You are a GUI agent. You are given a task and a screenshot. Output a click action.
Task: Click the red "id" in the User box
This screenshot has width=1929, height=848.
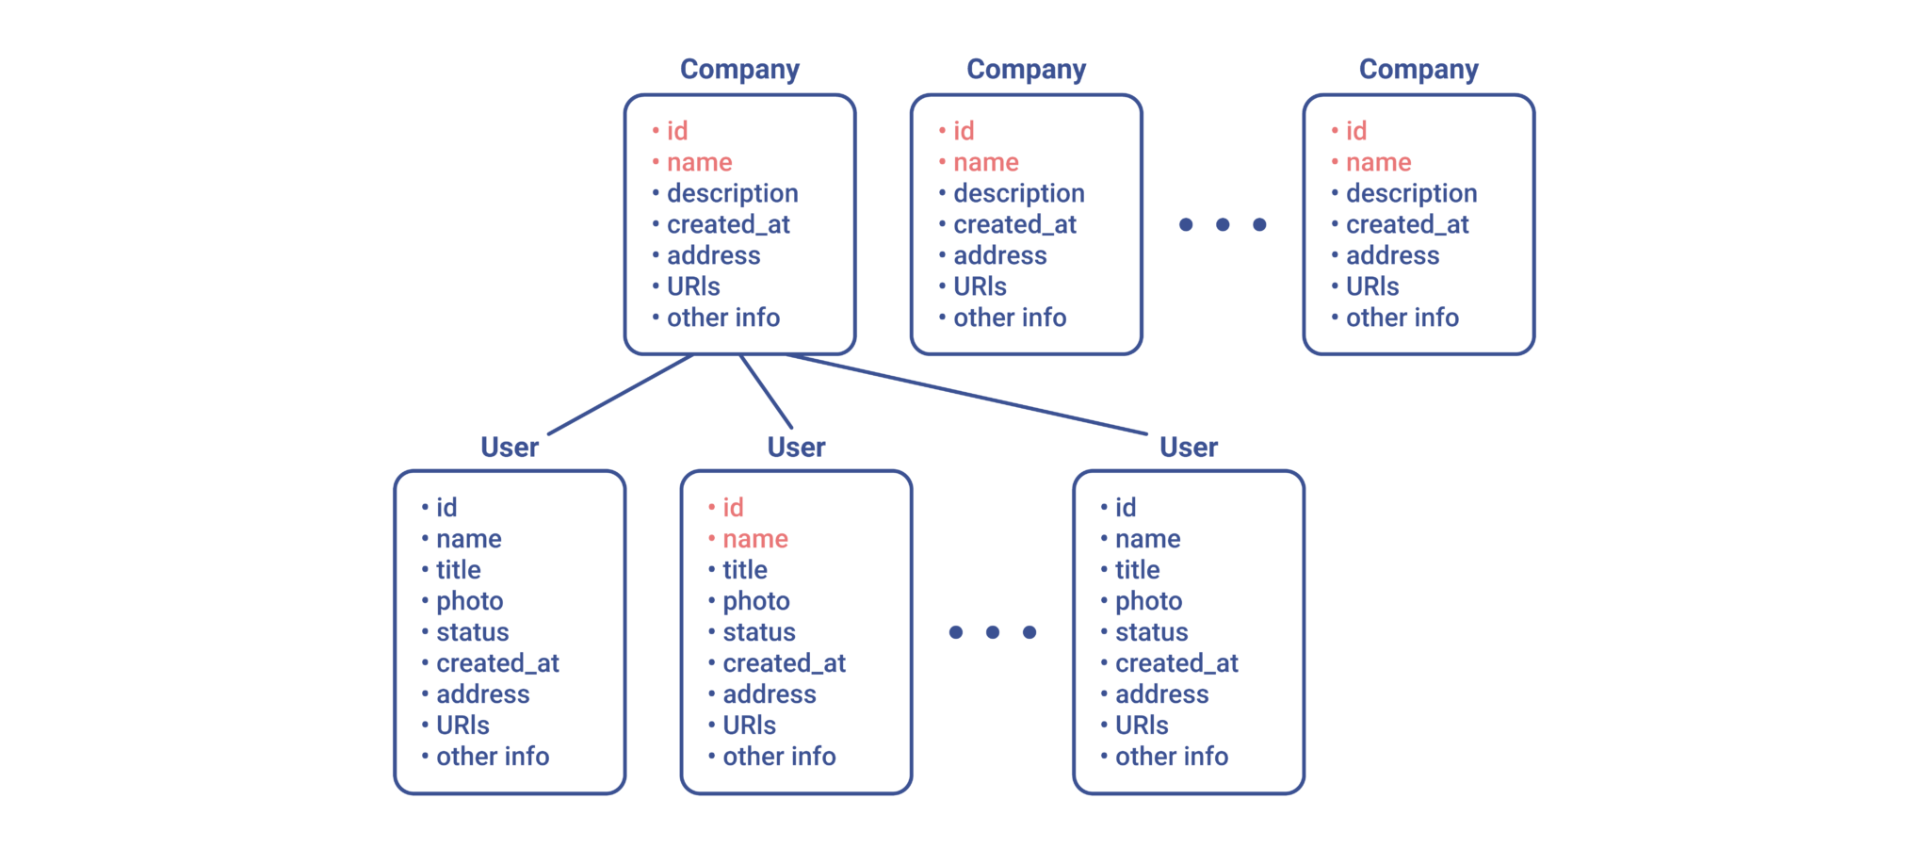[x=733, y=507]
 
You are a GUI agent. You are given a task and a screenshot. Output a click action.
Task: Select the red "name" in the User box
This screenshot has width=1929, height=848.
[x=755, y=539]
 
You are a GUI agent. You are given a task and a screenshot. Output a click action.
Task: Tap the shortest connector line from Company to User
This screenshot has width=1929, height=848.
[x=766, y=391]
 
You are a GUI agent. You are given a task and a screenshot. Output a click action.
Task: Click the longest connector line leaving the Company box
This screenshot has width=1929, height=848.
[x=966, y=394]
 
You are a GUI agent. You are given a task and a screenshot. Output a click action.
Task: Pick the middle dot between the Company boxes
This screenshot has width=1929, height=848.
[x=1223, y=224]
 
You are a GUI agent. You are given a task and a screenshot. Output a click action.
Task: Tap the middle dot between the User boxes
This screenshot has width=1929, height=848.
[x=993, y=632]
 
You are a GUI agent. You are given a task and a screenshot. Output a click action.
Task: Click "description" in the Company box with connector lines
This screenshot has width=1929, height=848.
[x=733, y=194]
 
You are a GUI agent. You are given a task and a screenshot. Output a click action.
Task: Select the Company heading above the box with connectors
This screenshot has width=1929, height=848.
[x=739, y=70]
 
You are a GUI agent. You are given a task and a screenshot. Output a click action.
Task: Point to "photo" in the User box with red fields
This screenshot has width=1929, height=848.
[x=756, y=601]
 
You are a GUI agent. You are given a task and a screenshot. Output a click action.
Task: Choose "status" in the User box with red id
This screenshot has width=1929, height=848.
[x=759, y=632]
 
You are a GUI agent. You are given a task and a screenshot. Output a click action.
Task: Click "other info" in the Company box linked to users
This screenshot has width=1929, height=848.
[x=723, y=318]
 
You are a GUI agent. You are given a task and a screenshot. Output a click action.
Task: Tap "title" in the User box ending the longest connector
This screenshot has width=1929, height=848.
[x=1138, y=570]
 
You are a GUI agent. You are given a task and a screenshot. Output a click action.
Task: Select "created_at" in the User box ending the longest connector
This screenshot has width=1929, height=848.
[x=1176, y=663]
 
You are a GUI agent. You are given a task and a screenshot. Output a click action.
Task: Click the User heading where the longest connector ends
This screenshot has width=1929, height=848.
[x=1189, y=447]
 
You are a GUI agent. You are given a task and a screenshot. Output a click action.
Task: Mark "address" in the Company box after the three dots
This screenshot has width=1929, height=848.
[x=1392, y=255]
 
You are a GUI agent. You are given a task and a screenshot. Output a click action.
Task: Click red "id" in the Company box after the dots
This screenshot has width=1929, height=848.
[x=1356, y=131]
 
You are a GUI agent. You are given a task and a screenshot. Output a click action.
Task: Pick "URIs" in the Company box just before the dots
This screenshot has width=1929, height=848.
[x=980, y=286]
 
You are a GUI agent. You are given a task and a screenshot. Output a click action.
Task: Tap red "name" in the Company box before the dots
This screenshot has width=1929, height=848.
[x=986, y=163]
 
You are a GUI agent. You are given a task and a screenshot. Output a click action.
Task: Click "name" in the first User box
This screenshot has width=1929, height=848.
[x=469, y=539]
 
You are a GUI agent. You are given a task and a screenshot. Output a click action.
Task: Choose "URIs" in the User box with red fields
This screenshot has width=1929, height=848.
[x=750, y=726]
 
